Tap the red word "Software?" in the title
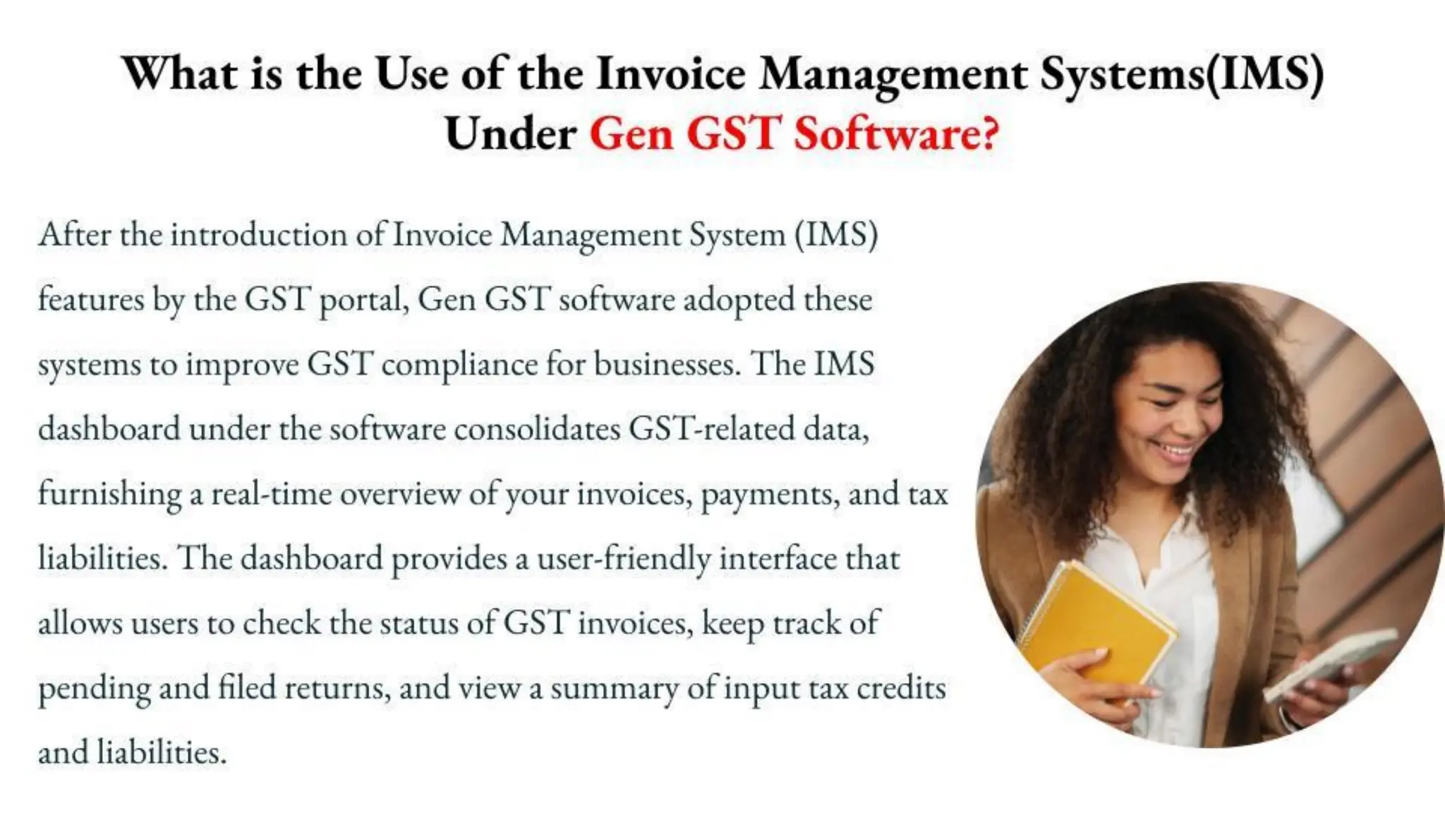[896, 133]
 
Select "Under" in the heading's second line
[511, 133]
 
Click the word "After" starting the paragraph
[74, 234]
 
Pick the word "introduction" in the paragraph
[258, 234]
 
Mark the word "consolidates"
[537, 429]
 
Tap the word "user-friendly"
[624, 559]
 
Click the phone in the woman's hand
[1326, 663]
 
